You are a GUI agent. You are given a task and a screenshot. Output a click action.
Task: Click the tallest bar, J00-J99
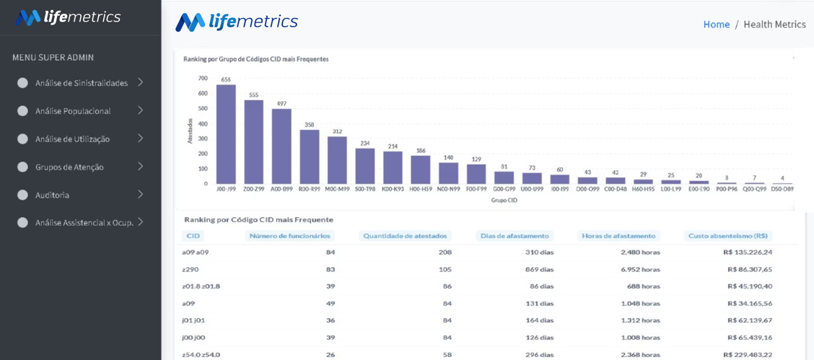point(226,134)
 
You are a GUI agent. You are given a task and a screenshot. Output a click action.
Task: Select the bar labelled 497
point(281,146)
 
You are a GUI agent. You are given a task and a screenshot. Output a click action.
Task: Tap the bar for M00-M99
point(337,160)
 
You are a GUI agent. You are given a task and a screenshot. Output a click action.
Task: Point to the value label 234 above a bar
point(365,144)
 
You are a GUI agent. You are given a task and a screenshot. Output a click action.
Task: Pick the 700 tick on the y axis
point(203,79)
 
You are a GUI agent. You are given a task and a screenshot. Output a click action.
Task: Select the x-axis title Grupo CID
point(504,201)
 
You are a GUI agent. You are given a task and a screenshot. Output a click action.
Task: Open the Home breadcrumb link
point(717,25)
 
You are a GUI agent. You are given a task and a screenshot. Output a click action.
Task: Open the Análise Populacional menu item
point(73,111)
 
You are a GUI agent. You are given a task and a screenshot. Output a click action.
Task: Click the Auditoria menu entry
point(52,195)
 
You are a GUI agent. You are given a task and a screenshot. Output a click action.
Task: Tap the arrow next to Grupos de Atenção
point(140,167)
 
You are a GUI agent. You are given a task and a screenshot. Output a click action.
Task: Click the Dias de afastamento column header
point(514,235)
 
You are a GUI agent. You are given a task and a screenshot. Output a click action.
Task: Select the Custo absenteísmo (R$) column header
point(728,235)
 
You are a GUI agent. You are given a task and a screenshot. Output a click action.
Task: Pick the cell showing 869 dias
point(538,270)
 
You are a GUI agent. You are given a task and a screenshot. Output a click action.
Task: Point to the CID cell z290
point(190,270)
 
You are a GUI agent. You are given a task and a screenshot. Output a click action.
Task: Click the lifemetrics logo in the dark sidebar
point(68,17)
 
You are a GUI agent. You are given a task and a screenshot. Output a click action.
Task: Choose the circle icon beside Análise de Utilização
point(22,139)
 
